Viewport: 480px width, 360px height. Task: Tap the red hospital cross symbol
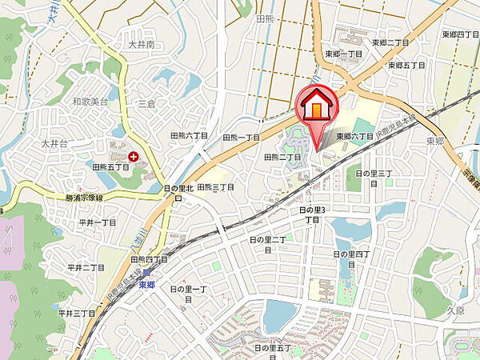click(x=133, y=158)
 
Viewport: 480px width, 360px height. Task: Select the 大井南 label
click(x=140, y=46)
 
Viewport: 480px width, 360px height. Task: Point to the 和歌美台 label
click(x=89, y=102)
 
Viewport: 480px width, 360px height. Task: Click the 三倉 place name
click(x=146, y=103)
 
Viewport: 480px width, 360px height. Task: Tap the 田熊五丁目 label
click(x=110, y=167)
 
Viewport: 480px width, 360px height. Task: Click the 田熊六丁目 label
click(x=190, y=136)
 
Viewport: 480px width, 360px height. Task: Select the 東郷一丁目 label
click(x=344, y=54)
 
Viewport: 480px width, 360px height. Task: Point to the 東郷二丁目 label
click(x=390, y=43)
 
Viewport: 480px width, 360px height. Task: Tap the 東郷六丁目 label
click(x=354, y=137)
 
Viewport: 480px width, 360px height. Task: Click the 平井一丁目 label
click(x=97, y=222)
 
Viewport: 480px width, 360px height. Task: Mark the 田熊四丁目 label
click(x=148, y=259)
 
